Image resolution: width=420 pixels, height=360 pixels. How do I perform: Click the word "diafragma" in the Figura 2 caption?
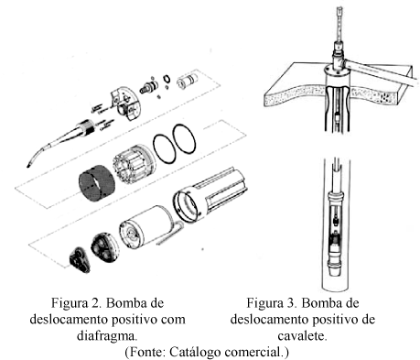click(x=106, y=335)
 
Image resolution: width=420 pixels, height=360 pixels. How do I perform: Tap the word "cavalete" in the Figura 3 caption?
click(x=302, y=335)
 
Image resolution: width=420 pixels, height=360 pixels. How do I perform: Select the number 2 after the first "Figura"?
click(x=96, y=303)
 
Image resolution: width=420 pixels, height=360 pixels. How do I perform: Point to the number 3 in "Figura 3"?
click(x=292, y=303)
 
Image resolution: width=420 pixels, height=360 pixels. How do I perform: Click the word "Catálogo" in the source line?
click(x=196, y=352)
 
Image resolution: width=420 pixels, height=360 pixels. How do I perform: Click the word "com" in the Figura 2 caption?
click(x=173, y=320)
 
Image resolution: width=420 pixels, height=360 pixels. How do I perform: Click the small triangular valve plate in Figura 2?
click(x=80, y=259)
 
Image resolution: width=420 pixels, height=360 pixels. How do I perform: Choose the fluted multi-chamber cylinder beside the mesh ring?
click(x=134, y=164)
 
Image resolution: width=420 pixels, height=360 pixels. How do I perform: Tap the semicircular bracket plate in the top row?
click(x=125, y=103)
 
